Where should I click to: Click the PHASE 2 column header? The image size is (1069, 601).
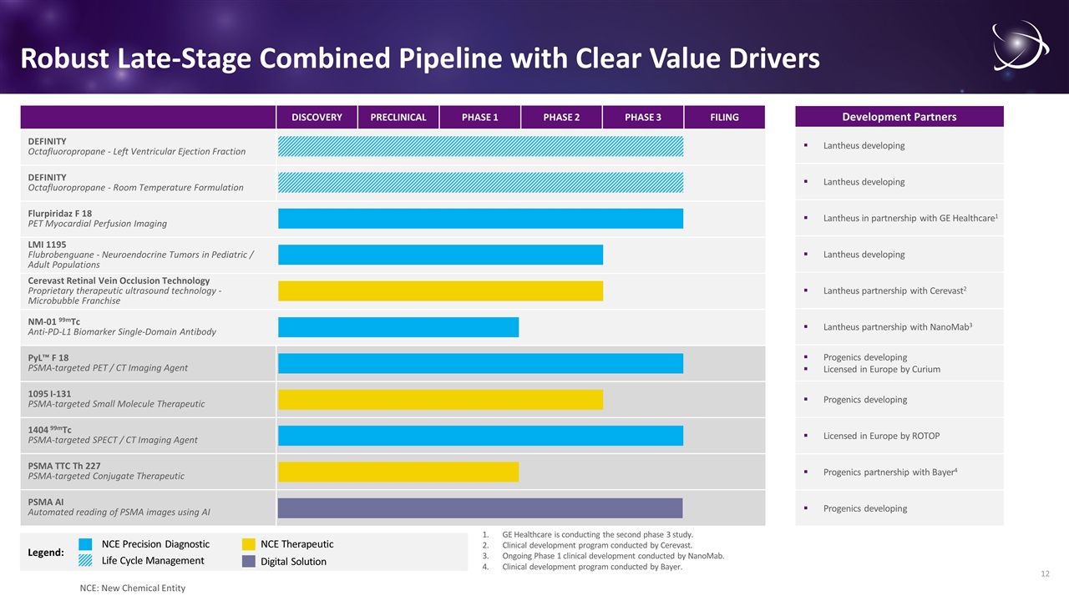561,117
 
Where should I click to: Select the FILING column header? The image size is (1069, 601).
724,117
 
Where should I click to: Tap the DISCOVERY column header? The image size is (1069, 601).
317,117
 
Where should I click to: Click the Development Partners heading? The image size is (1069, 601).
899,117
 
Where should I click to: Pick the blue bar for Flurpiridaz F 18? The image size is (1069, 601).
480,218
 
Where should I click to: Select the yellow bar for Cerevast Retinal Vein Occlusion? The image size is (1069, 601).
440,290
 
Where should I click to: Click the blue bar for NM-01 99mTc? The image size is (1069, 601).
398,327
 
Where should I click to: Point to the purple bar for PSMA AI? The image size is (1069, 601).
480,508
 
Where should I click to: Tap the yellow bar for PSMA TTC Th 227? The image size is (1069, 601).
398,472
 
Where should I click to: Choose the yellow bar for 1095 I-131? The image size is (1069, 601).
440,400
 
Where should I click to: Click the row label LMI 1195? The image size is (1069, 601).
48,245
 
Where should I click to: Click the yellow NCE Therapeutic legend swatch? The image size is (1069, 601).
249,544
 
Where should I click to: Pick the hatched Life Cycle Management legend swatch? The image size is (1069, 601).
85,561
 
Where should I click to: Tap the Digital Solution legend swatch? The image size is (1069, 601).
249,561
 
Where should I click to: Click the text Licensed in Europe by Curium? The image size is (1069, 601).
881,369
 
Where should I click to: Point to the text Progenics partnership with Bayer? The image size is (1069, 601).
889,472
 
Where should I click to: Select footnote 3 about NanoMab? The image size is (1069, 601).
613,556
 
